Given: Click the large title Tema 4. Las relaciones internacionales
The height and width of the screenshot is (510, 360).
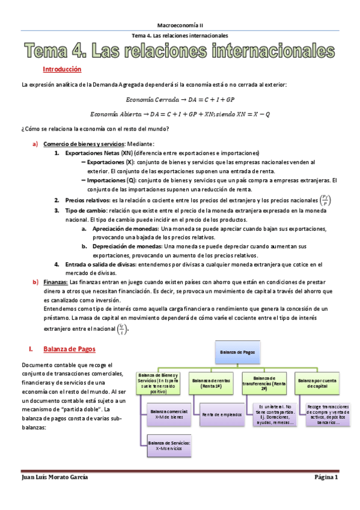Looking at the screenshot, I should [x=180, y=51].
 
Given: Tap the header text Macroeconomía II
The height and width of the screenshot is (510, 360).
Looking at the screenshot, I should [x=180, y=25].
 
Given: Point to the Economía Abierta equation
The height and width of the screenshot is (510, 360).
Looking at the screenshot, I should [x=180, y=114].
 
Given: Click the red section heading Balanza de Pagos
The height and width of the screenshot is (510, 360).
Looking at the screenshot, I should [x=69, y=349].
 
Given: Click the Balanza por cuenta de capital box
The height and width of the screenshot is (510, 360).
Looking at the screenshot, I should [x=321, y=381].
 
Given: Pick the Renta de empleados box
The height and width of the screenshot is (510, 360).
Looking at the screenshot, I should [x=219, y=414].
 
